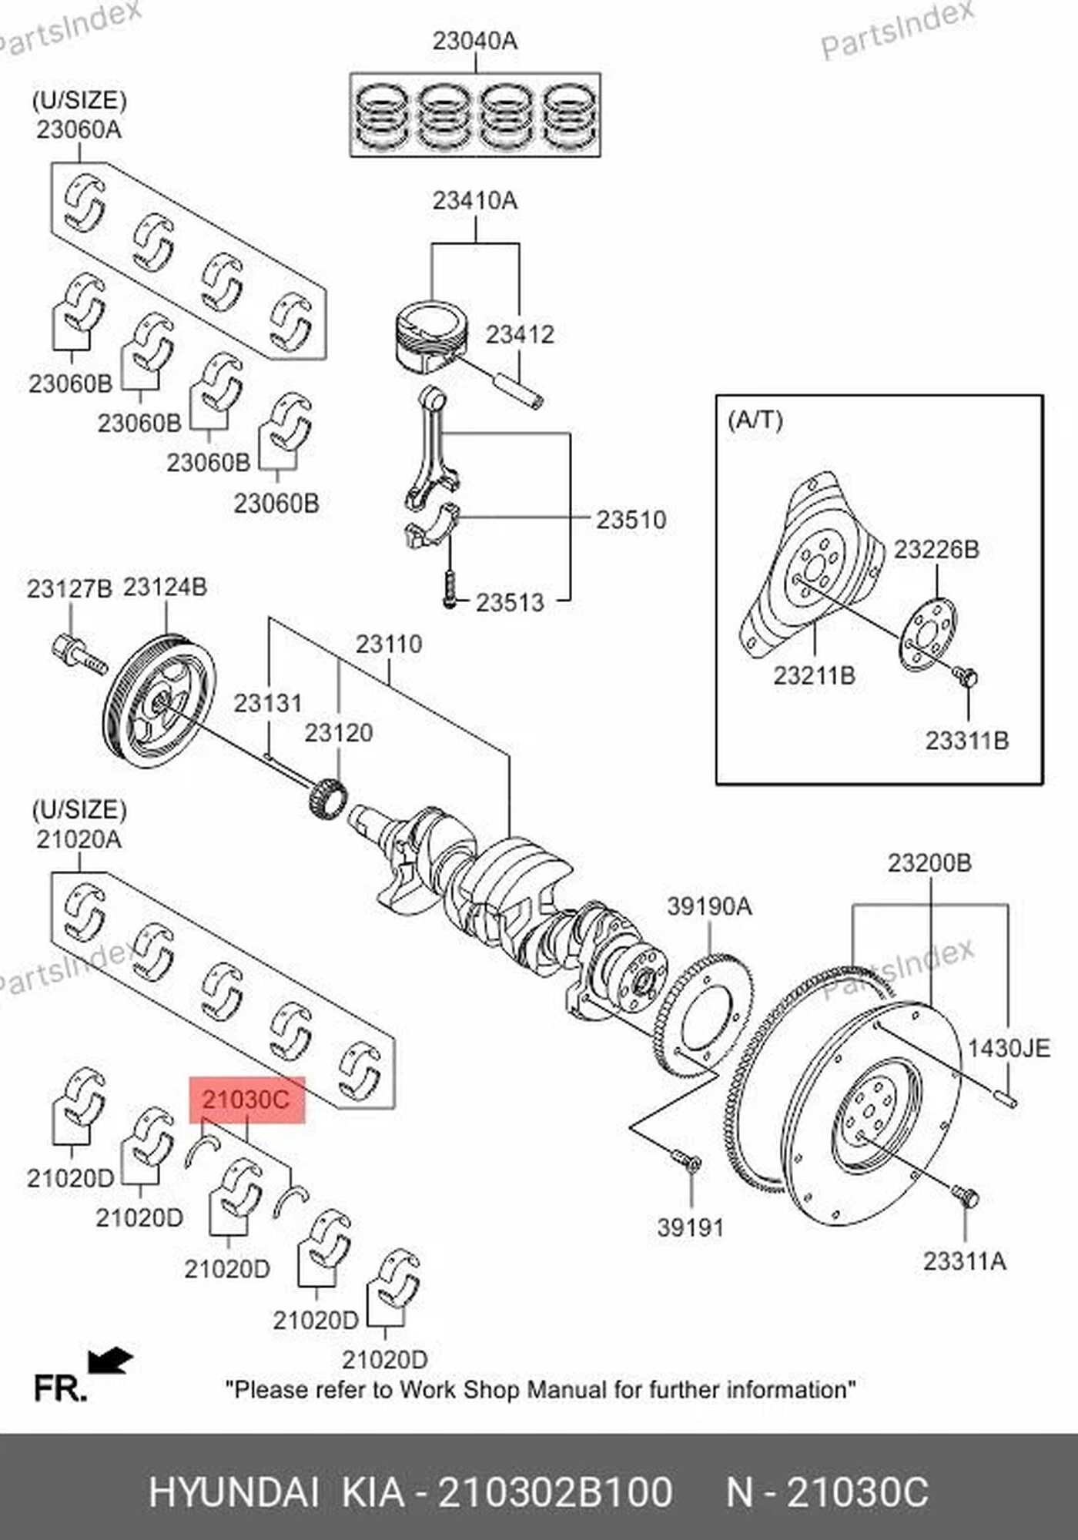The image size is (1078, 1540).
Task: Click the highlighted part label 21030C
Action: point(247,1100)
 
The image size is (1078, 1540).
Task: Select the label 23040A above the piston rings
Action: point(474,41)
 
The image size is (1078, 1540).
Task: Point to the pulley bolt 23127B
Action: point(79,654)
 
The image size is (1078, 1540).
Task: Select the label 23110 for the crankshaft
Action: point(388,644)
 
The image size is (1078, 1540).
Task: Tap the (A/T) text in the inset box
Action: point(755,420)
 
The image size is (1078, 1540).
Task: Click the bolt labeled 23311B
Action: point(965,678)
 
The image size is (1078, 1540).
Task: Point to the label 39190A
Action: point(708,906)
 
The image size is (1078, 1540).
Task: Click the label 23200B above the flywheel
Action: point(929,863)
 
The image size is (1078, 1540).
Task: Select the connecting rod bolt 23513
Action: point(450,587)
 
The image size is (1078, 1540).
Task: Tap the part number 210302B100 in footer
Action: point(554,1492)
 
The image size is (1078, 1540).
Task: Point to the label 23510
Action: point(631,520)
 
